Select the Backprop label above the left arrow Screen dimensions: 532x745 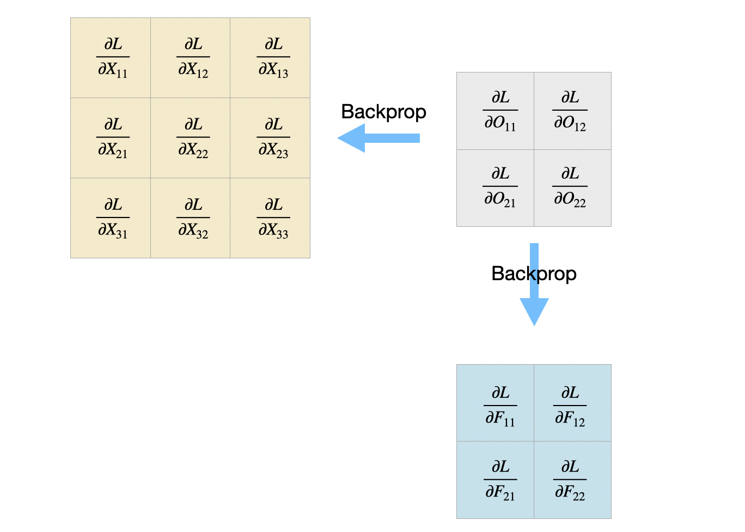[x=383, y=112]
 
